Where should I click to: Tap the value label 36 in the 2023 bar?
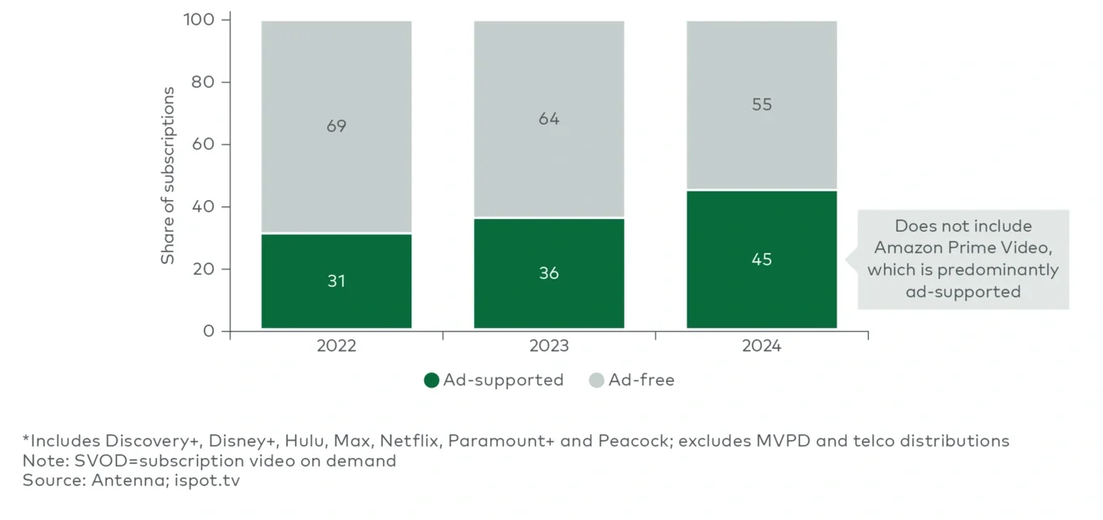[x=549, y=273]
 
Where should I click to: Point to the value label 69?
[x=336, y=126]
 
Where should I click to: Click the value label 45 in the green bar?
[x=761, y=260]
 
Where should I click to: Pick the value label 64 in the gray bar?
[x=549, y=119]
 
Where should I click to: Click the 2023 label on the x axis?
[x=549, y=347]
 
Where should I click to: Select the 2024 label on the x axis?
[x=761, y=347]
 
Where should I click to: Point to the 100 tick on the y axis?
[x=200, y=20]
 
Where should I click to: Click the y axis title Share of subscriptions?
[x=168, y=176]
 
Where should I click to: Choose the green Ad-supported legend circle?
[x=432, y=380]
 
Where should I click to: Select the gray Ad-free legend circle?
[x=596, y=380]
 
